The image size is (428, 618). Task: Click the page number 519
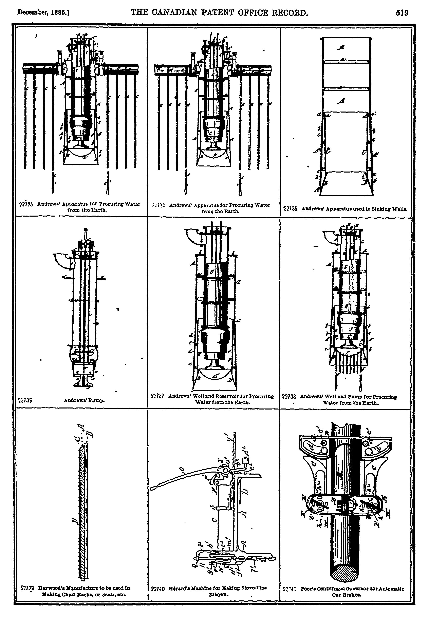tap(402, 13)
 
